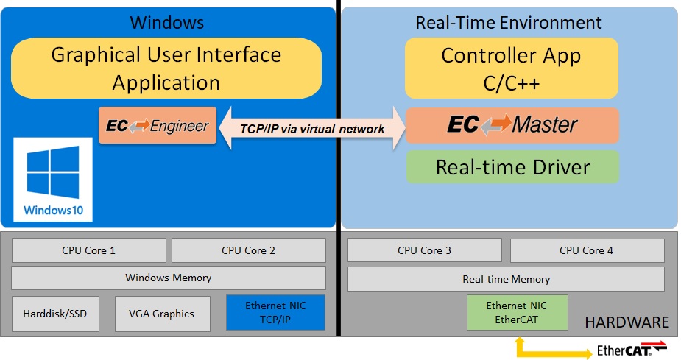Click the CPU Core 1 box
[x=88, y=250]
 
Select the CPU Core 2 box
[x=248, y=250]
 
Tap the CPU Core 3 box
[x=424, y=250]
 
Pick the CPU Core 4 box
[x=586, y=250]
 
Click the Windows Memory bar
[x=168, y=278]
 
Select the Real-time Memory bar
[x=505, y=279]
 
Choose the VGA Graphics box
[x=162, y=314]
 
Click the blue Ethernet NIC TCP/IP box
[x=275, y=313]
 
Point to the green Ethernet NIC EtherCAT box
[x=517, y=312]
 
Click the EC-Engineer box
[x=158, y=126]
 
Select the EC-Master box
[x=512, y=125]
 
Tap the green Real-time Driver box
[x=512, y=167]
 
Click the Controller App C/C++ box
[x=512, y=68]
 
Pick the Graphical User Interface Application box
[x=166, y=68]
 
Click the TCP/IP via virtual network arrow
[x=312, y=129]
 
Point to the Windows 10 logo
[x=53, y=180]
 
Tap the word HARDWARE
[x=626, y=322]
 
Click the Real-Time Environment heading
[x=508, y=22]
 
